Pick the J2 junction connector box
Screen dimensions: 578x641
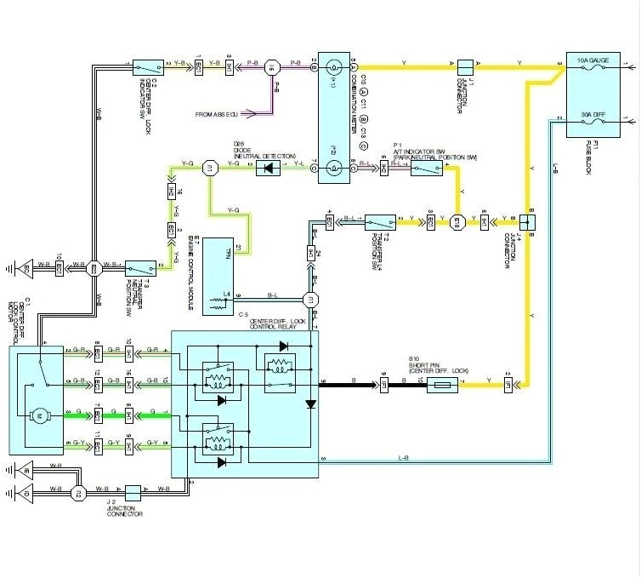point(133,492)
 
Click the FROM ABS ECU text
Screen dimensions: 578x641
point(222,114)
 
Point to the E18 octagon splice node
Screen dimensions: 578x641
point(457,221)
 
